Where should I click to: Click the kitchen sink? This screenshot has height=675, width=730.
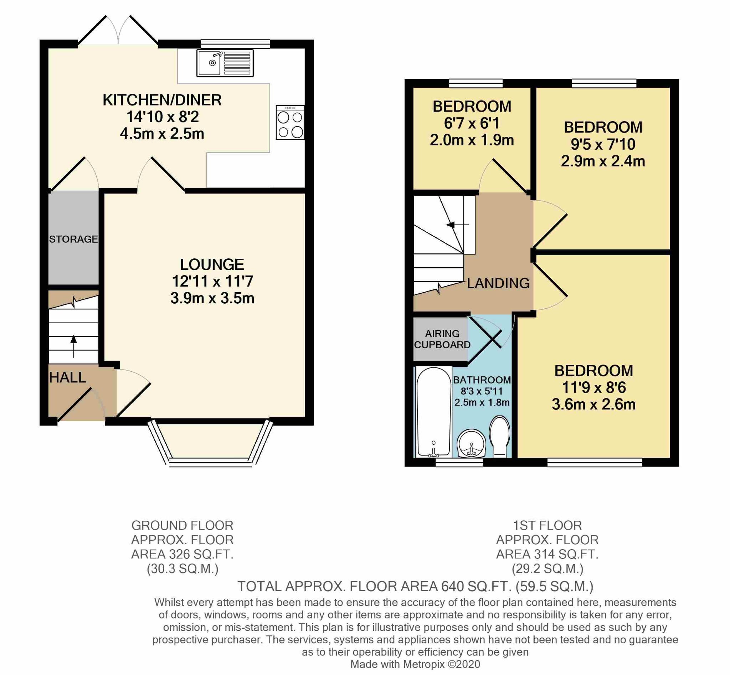225,63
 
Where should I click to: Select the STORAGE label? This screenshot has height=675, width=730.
73,239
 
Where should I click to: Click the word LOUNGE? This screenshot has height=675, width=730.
212,264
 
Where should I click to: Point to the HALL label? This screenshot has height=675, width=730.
68,378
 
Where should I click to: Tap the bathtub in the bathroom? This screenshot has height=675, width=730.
434,412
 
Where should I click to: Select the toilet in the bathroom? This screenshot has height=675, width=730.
499,436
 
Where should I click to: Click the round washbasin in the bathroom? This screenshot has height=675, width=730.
471,443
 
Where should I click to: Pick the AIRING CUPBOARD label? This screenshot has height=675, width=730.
442,339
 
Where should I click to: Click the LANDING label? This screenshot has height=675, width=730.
498,283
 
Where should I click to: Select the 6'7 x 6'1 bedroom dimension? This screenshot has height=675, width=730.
471,123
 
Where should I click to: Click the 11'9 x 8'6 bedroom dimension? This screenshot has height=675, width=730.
594,387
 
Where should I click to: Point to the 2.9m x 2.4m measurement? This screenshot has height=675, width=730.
603,161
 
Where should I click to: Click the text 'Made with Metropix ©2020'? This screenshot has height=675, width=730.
415,664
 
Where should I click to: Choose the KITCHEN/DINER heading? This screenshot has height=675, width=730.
162,100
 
